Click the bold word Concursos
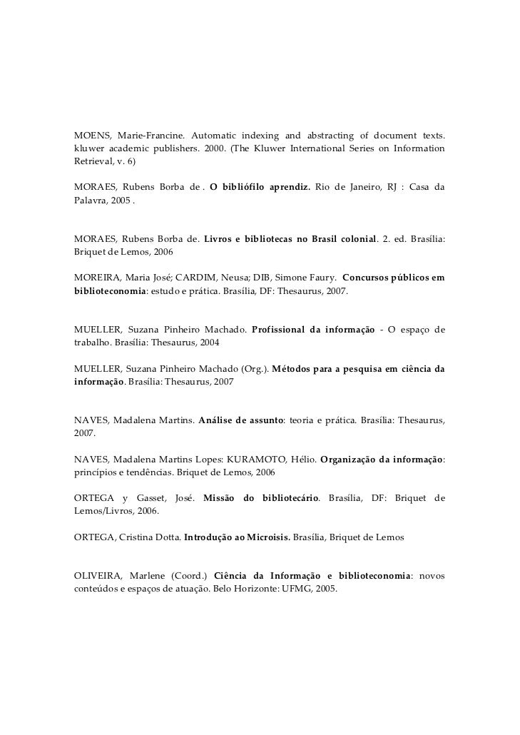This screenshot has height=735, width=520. tap(368, 278)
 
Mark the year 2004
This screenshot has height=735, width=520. tap(208, 342)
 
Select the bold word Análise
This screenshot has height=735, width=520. tap(219, 420)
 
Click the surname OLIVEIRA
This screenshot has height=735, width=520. tap(101, 575)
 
